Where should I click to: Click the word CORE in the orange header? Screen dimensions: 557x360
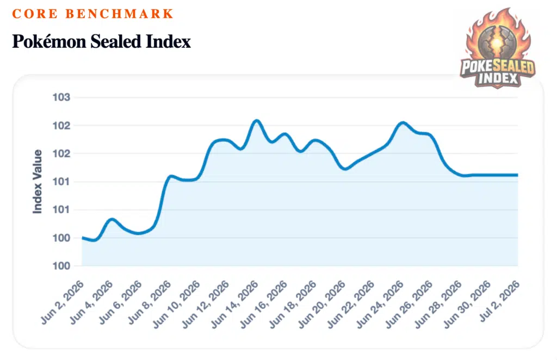pos(34,14)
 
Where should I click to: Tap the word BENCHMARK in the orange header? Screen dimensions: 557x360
pos(119,14)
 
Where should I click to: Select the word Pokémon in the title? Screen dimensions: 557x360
pos(49,41)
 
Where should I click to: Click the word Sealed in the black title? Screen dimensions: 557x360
pos(115,41)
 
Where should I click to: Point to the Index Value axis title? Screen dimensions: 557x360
pos(38,182)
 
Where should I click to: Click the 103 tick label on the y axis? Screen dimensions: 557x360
pos(61,97)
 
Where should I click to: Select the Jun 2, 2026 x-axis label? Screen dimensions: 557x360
pos(63,302)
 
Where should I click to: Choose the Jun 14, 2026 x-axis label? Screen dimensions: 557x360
pos(235,304)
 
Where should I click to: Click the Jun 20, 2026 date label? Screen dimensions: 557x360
pos(322,304)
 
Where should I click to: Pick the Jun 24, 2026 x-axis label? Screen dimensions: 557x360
pos(380,304)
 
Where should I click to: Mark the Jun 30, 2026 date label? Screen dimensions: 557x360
pos(467,304)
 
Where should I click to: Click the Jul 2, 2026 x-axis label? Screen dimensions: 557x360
pos(500,301)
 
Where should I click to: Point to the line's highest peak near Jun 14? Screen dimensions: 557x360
pos(256,121)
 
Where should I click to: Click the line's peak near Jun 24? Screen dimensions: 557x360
pos(402,123)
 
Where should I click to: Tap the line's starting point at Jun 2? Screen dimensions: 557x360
pos(83,238)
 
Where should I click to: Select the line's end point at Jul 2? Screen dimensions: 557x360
pos(517,175)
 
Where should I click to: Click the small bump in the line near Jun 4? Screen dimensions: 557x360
pos(112,219)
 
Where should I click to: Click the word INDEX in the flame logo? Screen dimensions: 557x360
pos(498,78)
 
